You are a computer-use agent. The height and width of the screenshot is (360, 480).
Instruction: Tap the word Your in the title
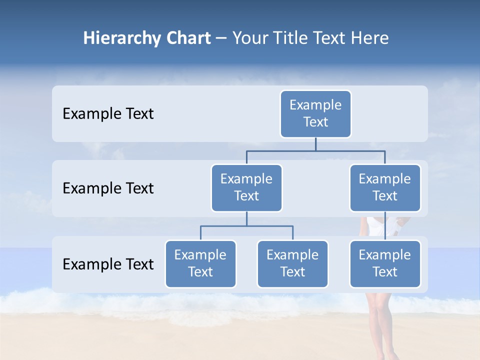click(249, 38)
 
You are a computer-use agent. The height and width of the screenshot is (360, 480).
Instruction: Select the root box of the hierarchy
click(315, 114)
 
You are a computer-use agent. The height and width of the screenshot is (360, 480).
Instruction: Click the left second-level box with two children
click(246, 188)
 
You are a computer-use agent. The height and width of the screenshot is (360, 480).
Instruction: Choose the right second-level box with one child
click(385, 188)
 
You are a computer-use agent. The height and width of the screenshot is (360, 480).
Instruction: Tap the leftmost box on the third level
click(200, 264)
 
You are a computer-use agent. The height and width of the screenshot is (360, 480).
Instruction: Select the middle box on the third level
click(292, 264)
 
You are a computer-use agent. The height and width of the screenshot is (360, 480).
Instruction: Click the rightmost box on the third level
click(385, 264)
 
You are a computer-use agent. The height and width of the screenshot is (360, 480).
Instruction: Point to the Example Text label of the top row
click(108, 114)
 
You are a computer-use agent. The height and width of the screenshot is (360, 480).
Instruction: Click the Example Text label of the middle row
click(108, 188)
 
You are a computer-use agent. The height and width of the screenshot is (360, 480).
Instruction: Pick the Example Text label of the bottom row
click(108, 264)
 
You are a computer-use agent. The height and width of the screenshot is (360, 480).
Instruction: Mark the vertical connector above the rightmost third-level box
click(385, 226)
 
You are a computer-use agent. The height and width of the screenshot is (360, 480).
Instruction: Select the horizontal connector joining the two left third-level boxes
click(246, 226)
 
